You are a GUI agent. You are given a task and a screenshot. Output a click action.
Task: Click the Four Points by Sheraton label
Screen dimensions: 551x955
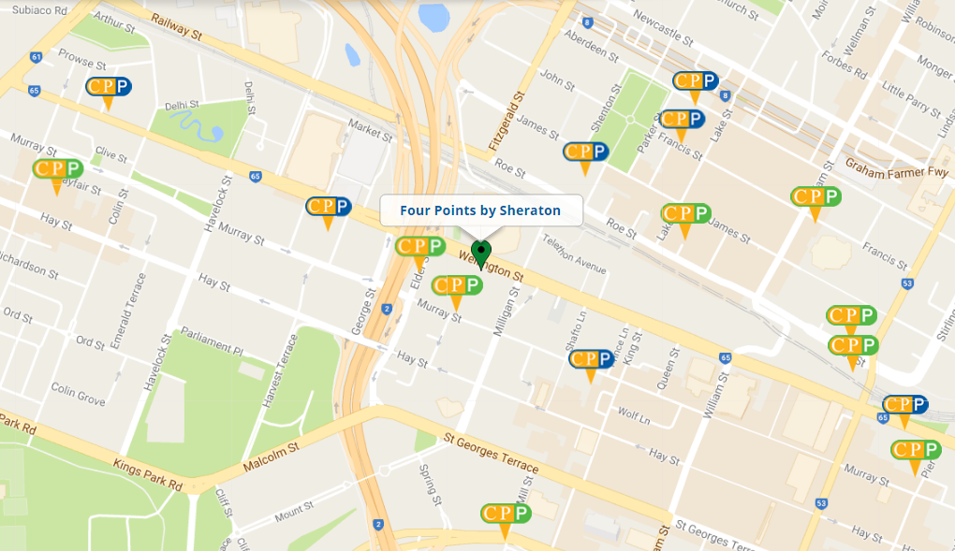(x=480, y=210)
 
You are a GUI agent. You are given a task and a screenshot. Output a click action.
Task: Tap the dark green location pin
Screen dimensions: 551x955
(x=481, y=253)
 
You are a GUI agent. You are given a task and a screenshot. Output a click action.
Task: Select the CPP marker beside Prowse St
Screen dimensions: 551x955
(x=109, y=88)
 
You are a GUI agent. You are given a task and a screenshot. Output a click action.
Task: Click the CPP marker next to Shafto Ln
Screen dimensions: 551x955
(x=591, y=360)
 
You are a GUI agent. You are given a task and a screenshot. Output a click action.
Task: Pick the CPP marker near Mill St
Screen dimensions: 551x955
(x=506, y=515)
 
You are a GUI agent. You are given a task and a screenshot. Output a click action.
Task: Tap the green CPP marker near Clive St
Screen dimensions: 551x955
(x=57, y=170)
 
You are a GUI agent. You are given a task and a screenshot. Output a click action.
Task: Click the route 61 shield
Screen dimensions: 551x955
(x=36, y=57)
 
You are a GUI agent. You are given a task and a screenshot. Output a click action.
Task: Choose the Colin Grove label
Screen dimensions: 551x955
(x=78, y=394)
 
